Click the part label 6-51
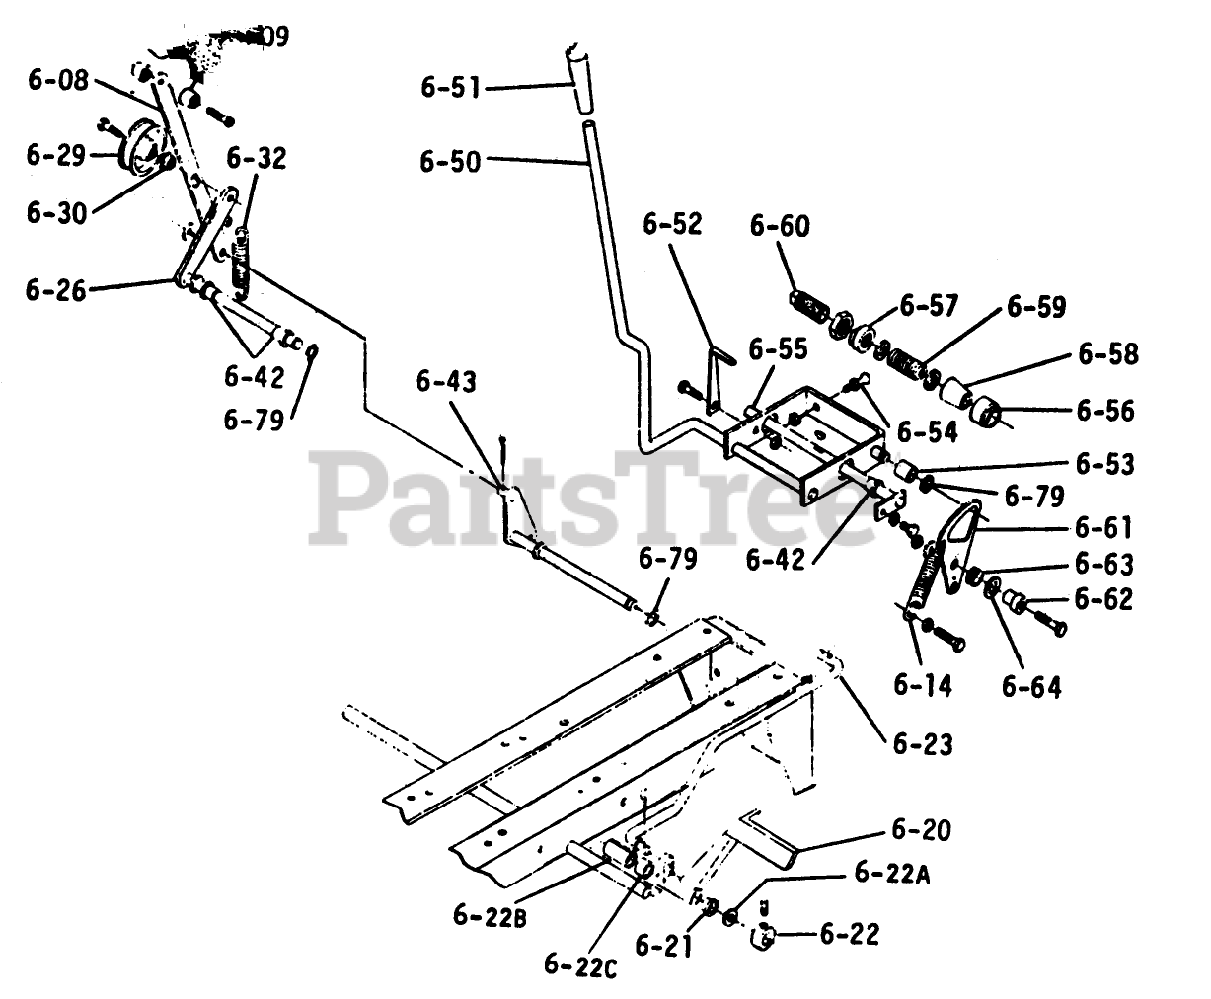pyautogui.click(x=450, y=88)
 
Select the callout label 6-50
pyautogui.click(x=450, y=161)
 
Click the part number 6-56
pyautogui.click(x=1105, y=409)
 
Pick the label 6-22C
pyautogui.click(x=580, y=963)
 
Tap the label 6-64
pyautogui.click(x=1031, y=685)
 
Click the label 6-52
pyautogui.click(x=673, y=225)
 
